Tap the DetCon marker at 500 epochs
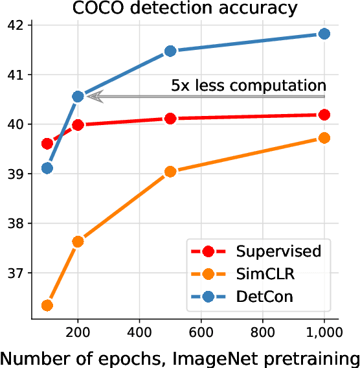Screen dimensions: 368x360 click(170, 51)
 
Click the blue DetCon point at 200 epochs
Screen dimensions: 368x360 click(78, 97)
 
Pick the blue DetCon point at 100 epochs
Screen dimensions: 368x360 click(47, 168)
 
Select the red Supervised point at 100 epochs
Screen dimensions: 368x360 click(47, 143)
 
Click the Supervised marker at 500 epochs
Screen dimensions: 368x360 click(170, 118)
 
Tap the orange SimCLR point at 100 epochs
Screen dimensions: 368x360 click(47, 305)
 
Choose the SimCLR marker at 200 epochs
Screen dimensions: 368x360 click(78, 241)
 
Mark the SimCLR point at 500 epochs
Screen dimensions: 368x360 click(170, 172)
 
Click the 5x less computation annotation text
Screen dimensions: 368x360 click(248, 85)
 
